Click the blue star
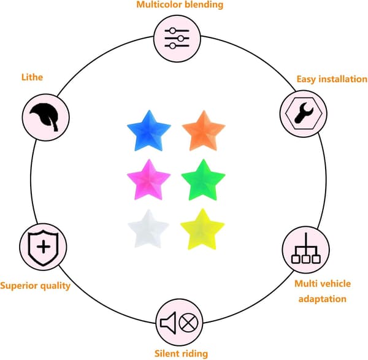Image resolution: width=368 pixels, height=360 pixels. tap(149, 132)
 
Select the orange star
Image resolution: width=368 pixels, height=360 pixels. tap(204, 132)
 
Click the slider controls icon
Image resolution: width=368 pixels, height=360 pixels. tap(177, 38)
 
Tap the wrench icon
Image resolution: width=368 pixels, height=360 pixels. tap(304, 113)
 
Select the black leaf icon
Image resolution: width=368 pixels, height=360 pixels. tap(45, 117)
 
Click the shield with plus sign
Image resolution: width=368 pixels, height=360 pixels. tap(43, 248)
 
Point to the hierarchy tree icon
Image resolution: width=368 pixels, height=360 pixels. tap(306, 248)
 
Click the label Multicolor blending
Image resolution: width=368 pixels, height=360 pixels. tap(180, 4)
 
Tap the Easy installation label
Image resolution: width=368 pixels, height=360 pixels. tap(332, 79)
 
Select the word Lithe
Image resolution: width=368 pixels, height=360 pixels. tap(32, 77)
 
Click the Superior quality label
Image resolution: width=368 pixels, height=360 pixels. tap(35, 286)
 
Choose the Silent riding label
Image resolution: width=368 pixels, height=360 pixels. tap(181, 353)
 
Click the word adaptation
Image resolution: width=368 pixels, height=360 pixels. tap(323, 299)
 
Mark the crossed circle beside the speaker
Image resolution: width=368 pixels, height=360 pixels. tap(188, 323)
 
